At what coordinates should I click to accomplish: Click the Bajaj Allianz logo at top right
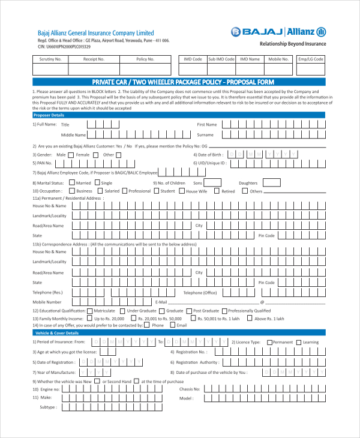[x=278, y=32]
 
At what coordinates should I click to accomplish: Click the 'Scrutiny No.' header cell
[x=50, y=59]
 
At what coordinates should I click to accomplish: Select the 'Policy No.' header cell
[x=145, y=59]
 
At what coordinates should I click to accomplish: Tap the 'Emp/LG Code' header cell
[x=310, y=59]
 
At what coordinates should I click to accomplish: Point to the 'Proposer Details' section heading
[x=49, y=115]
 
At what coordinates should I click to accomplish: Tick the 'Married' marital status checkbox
[x=71, y=183]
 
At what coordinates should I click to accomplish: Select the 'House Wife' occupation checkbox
[x=182, y=191]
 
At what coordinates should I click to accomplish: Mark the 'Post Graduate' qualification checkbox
[x=189, y=311]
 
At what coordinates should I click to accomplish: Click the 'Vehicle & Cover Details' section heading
[x=57, y=332]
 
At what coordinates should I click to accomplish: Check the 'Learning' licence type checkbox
[x=299, y=342]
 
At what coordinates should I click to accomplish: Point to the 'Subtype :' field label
[x=48, y=407]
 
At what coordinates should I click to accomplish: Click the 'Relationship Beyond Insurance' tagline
[x=293, y=44]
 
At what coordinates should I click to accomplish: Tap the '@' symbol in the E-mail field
[x=262, y=302]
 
